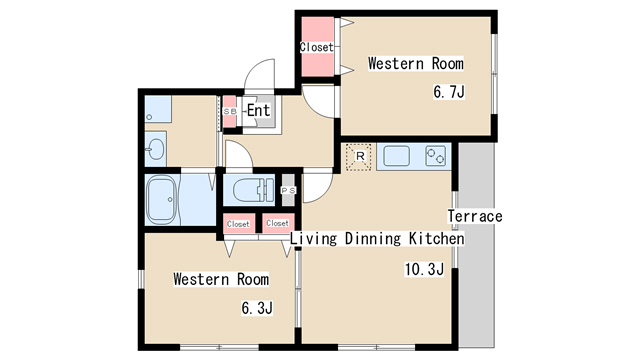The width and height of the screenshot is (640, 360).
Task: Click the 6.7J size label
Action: pos(449,92)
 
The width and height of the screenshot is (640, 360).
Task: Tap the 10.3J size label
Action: pos(424,269)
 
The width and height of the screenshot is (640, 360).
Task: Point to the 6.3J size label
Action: pos(257,308)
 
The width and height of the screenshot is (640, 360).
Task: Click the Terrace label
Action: pos(475,216)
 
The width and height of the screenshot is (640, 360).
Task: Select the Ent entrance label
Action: pos(258,110)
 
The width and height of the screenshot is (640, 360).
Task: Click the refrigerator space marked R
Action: pos(359,156)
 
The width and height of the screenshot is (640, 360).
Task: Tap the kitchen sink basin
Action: pos(396,156)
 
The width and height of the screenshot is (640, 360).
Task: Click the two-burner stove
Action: pos(436,156)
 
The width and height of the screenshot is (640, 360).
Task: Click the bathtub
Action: pos(162,200)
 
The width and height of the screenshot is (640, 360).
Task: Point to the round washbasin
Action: pos(156,149)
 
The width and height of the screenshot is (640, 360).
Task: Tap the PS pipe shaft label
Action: pos(288,191)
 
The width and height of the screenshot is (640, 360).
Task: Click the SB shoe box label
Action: pos(230,111)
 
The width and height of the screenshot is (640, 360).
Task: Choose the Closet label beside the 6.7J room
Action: pos(317,47)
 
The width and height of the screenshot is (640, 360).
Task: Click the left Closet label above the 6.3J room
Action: pos(238,224)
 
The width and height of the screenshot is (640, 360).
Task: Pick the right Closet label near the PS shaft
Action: pos(278,223)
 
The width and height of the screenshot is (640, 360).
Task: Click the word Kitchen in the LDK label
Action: pos(437,238)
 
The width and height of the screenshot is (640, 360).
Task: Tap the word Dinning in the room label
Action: pos(373,238)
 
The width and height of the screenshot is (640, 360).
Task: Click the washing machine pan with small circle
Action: pos(158,109)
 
